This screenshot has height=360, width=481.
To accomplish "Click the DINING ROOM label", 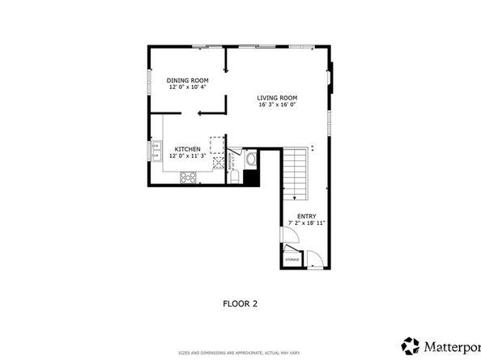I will [188, 80].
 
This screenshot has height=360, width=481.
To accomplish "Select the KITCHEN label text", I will [188, 149].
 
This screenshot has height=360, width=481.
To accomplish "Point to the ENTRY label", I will [306, 216].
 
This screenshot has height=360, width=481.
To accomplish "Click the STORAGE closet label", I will [292, 259].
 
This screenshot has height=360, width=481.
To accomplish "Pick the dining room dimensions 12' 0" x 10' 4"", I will [188, 87].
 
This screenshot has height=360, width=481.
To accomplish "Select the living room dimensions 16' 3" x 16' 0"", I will [277, 104].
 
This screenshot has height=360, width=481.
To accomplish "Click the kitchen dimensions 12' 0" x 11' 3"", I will [188, 156].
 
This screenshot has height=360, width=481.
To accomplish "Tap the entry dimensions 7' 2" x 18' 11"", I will [306, 223].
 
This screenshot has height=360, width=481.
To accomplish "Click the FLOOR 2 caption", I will [240, 304].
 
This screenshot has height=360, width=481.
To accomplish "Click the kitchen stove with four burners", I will [189, 177].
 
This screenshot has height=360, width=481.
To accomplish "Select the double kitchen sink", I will [155, 151].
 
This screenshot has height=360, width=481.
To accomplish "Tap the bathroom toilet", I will [234, 176].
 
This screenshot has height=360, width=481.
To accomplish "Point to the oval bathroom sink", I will [250, 159].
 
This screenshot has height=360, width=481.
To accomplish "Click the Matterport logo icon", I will [411, 345].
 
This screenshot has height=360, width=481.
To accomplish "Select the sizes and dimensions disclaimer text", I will [240, 353].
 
